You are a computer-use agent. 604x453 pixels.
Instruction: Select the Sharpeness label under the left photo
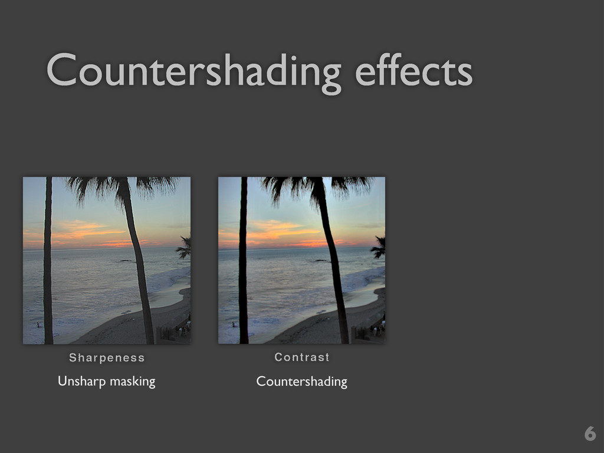coord(107,357)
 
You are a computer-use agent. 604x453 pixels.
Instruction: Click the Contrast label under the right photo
coord(302,357)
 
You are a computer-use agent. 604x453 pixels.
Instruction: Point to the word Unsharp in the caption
coord(81,382)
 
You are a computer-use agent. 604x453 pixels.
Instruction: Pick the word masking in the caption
coord(132,382)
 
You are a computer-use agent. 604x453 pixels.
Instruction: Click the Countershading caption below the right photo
coord(301,382)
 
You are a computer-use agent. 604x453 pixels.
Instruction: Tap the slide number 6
coord(589,434)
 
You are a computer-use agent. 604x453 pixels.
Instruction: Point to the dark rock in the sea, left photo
coord(125,261)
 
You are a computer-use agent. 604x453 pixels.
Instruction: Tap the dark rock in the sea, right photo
coord(320,260)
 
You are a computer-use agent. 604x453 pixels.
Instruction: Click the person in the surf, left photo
coord(38,324)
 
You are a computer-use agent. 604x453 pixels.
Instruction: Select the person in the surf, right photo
coord(234,324)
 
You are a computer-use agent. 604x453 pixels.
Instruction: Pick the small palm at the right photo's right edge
coord(379,247)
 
